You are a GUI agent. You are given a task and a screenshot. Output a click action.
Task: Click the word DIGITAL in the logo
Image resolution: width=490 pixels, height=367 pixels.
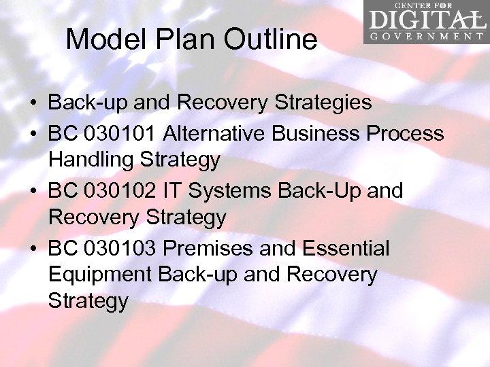(426, 20)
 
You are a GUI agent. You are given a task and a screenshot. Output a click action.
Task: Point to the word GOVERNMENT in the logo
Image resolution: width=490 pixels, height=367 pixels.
(426, 37)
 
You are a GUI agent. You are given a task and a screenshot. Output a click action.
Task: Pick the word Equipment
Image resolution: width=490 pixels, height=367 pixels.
(100, 275)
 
